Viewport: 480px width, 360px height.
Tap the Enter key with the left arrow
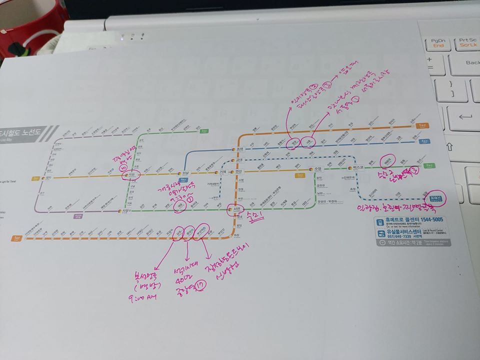463,117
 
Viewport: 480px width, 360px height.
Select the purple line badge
77,216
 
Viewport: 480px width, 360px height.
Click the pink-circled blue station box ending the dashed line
437,196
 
